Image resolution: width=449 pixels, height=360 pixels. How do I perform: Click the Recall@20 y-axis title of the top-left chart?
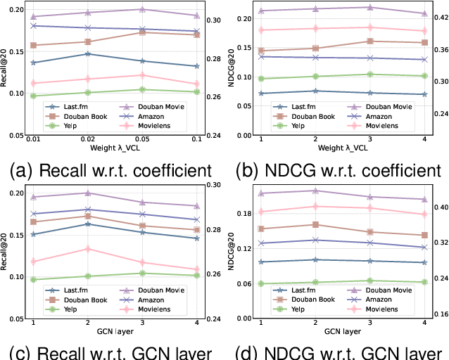[x=6, y=70]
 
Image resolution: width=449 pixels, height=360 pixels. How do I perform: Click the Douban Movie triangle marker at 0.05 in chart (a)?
[x=142, y=10]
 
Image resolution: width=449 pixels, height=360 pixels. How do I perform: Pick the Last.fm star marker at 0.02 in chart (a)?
[x=87, y=53]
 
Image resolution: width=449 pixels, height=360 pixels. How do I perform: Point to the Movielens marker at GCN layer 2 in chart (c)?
[x=87, y=249]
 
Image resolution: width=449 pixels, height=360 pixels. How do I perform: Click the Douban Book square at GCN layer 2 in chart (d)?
[x=315, y=224]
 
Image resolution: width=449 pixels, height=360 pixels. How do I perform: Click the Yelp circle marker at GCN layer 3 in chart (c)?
[x=142, y=274]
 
